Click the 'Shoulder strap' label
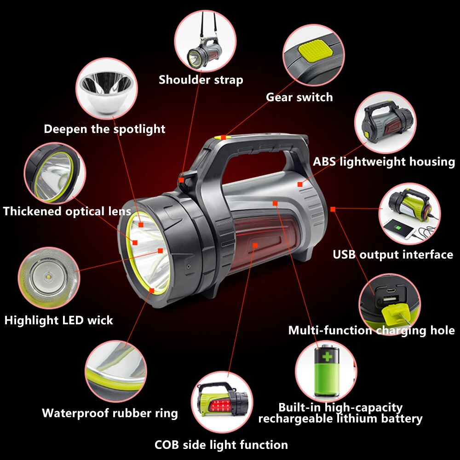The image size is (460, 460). [201, 80]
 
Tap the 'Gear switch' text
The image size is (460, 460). [299, 97]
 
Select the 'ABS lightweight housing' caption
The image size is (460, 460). [384, 161]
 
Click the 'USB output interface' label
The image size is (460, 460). [393, 254]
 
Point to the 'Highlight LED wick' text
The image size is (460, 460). [58, 320]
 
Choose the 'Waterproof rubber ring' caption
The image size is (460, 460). [109, 413]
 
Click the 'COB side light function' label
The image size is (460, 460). [221, 445]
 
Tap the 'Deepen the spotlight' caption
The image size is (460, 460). [104, 129]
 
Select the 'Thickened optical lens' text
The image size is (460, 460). [67, 212]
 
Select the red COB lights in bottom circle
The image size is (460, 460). [219, 406]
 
